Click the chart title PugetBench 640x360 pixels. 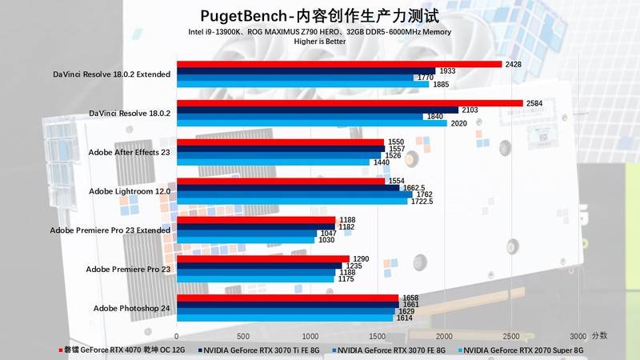pyautogui.click(x=319, y=16)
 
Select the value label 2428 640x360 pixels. pyautogui.click(x=514, y=64)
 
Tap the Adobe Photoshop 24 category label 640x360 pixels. pyautogui.click(x=132, y=309)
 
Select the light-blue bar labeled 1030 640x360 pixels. pyautogui.click(x=246, y=240)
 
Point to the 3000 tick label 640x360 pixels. pyautogui.click(x=578, y=336)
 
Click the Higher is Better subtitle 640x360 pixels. pyautogui.click(x=319, y=42)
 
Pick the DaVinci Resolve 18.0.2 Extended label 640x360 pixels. pyautogui.click(x=121, y=74)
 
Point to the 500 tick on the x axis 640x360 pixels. pyautogui.click(x=244, y=336)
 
